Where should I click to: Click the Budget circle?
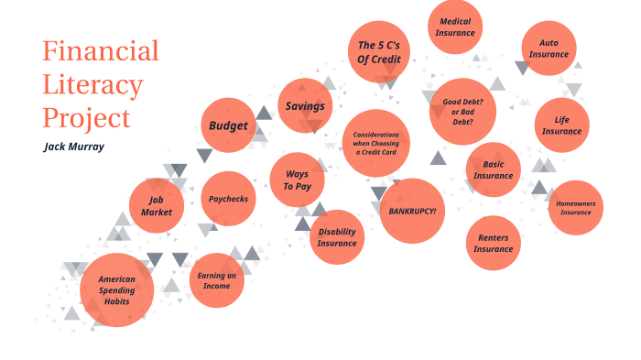click(x=228, y=125)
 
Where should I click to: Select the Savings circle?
click(x=305, y=106)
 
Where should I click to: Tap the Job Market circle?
click(x=157, y=206)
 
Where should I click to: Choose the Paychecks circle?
click(x=228, y=199)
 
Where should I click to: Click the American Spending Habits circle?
click(x=116, y=289)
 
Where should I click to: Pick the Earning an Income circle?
click(x=216, y=280)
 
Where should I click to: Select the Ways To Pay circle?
click(x=297, y=180)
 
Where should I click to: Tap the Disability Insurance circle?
click(x=337, y=237)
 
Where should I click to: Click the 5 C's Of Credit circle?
click(x=378, y=51)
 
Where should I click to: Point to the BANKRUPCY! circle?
click(x=412, y=211)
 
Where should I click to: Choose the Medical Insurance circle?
click(x=455, y=27)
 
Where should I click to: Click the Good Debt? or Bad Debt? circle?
click(x=463, y=110)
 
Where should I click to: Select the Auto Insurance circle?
click(x=549, y=48)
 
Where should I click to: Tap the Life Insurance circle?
click(x=561, y=125)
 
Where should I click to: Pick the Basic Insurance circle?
click(x=493, y=169)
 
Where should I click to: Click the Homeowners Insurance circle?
click(x=575, y=207)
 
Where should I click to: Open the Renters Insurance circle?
click(x=493, y=243)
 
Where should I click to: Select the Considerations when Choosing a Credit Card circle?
click(x=375, y=142)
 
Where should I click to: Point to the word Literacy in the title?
click(x=92, y=85)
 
